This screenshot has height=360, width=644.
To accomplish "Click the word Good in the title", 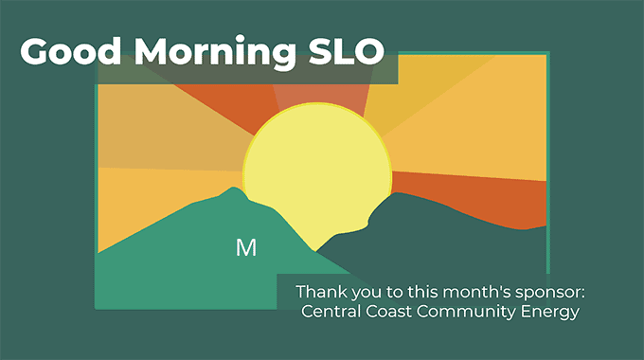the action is pos(70,51).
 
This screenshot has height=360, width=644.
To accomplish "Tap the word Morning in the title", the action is pos(215,54).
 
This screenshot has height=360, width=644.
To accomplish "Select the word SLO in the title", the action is pos(347,51).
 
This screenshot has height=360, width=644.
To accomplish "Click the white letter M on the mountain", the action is pos(246,248).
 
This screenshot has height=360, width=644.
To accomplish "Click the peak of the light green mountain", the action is pos(233,188).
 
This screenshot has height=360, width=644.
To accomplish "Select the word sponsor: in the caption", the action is pos(550,293).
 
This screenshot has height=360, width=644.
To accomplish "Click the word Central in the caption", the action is pos(331,311).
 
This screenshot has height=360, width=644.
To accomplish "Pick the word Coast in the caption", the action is pos(388,311).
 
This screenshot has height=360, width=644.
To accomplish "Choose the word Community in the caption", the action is pos(466,313).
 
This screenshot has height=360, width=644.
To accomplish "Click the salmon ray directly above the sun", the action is pos(320,95).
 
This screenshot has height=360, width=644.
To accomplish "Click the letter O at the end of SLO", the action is pos(367,51).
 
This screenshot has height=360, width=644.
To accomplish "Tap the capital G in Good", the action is pos(35,51).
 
